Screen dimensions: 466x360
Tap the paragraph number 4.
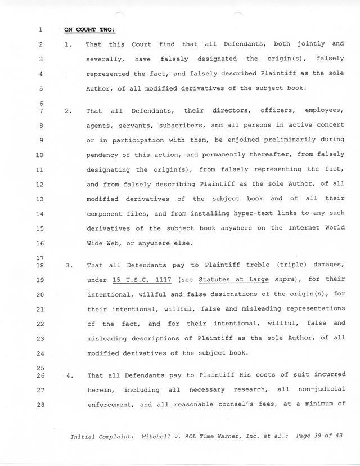click(x=69, y=374)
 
